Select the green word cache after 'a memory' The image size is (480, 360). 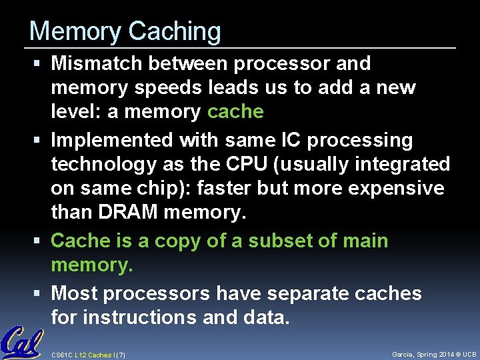[235, 111]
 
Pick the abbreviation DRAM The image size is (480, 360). [125, 213]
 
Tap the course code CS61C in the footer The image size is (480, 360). [61, 354]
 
